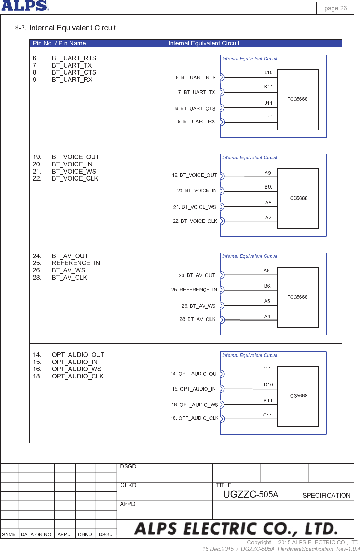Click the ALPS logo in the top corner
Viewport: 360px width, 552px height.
(25, 6)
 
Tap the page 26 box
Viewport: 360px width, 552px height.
(335, 8)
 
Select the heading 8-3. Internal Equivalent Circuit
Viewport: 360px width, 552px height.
(66, 28)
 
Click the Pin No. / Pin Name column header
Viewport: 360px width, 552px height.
(59, 43)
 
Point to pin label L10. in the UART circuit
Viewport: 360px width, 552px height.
(269, 72)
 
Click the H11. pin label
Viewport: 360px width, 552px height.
(269, 117)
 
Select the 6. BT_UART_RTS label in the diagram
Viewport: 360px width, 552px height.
(196, 77)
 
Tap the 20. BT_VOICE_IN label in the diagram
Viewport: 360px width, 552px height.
(197, 190)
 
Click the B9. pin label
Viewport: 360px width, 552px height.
(268, 187)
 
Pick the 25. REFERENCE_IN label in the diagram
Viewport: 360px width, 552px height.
(194, 290)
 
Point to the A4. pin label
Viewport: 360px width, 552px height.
(267, 316)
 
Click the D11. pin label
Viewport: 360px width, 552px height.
(267, 369)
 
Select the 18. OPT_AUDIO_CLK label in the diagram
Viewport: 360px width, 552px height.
(195, 418)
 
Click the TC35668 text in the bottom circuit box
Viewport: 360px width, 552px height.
(297, 396)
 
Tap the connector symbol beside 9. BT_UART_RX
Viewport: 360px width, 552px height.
(222, 122)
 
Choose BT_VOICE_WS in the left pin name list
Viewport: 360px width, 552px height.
(74, 171)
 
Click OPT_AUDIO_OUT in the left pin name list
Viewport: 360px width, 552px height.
(78, 355)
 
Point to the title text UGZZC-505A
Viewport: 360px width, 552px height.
(250, 494)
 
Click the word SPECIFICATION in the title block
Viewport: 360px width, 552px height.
(326, 495)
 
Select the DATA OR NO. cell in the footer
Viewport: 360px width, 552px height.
(36, 534)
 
